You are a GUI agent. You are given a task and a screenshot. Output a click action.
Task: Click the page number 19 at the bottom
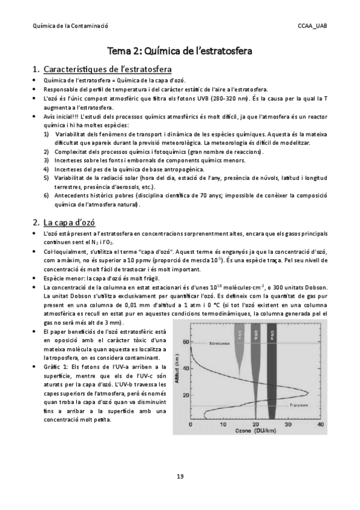click(180, 476)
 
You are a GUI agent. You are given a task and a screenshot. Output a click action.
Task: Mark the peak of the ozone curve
click(308, 393)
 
